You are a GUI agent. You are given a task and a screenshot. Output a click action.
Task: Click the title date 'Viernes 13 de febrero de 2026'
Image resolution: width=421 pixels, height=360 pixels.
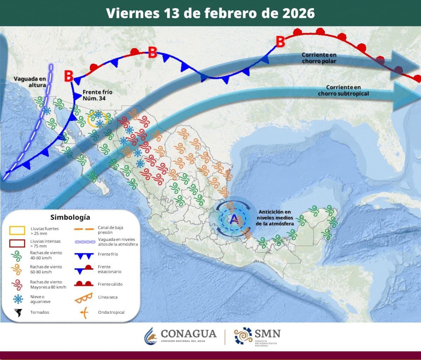[x=210, y=13]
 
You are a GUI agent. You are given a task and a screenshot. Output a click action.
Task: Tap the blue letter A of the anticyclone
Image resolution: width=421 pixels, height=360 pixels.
[x=234, y=219]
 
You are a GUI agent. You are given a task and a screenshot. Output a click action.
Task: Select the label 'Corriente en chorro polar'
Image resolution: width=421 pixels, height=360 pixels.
[x=319, y=58]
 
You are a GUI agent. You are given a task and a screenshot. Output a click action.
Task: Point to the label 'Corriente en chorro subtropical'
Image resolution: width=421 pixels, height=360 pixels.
[x=344, y=90]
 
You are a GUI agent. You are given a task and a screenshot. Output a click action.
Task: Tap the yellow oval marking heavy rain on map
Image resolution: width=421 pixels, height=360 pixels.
[x=97, y=119]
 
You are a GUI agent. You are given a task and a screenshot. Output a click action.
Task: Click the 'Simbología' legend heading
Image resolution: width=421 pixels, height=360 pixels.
[x=70, y=217]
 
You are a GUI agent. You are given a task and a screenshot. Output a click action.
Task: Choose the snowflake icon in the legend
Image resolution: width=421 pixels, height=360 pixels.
[x=18, y=299]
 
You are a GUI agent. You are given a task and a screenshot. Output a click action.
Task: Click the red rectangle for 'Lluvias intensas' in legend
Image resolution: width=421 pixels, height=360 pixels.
[x=17, y=243]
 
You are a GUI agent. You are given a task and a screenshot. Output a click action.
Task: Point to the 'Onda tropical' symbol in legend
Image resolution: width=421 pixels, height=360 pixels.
[x=83, y=312]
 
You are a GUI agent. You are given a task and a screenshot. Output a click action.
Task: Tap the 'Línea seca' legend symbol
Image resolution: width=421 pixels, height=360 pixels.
[x=83, y=298]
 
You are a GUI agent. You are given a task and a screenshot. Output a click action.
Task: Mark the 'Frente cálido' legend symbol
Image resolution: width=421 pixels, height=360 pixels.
[x=83, y=284]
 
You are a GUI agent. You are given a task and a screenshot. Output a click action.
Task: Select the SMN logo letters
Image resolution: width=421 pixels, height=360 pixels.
[x=268, y=333]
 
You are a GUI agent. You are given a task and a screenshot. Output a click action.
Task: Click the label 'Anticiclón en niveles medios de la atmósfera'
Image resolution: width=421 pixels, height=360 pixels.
[x=275, y=218]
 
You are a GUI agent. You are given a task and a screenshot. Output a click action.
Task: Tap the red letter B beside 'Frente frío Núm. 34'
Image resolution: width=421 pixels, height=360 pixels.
[x=69, y=76]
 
